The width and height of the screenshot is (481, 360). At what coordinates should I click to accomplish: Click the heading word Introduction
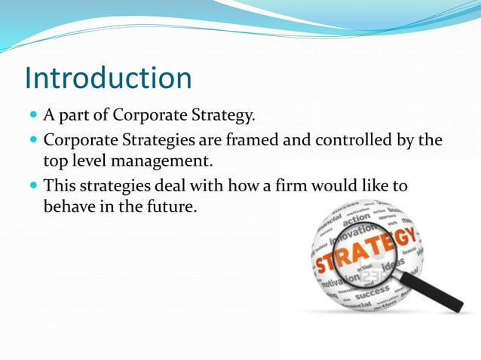pos(108,78)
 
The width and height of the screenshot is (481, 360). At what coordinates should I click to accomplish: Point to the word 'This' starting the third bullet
pos(61,185)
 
